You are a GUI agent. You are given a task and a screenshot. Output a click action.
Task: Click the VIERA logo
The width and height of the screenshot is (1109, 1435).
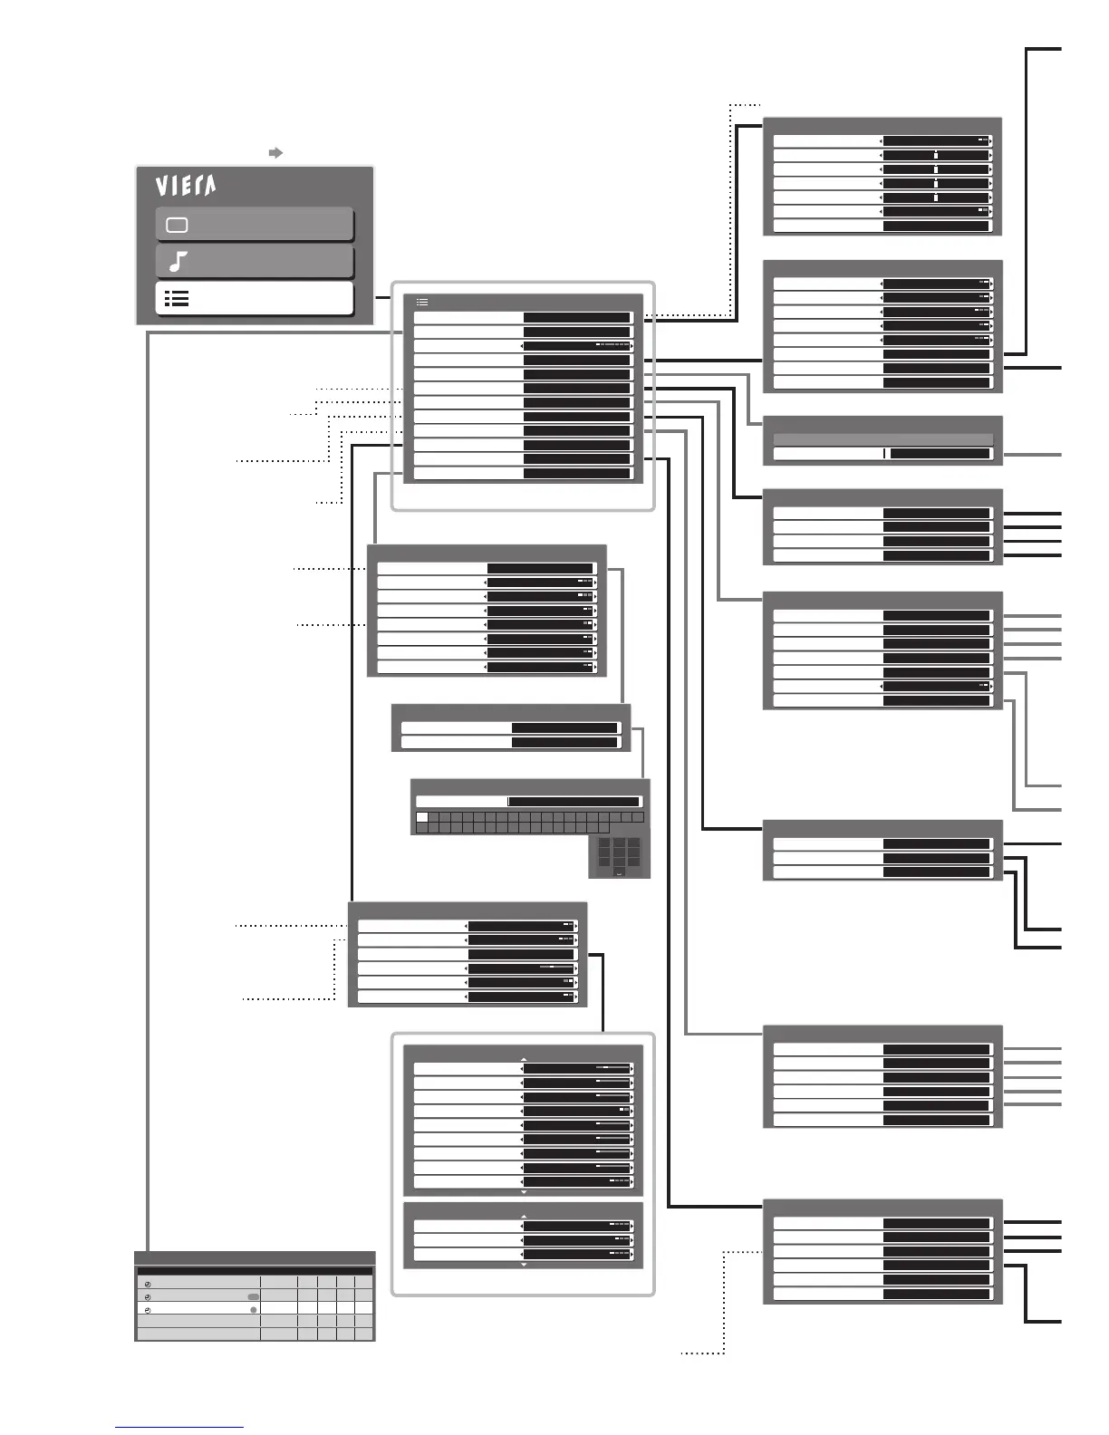pos(185,186)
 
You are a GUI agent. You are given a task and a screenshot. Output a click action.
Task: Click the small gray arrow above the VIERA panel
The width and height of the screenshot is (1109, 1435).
pos(276,153)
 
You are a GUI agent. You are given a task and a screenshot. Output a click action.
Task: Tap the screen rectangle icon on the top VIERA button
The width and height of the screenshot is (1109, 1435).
pos(177,225)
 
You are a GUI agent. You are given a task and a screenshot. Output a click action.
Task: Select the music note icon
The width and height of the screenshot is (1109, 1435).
pos(178,262)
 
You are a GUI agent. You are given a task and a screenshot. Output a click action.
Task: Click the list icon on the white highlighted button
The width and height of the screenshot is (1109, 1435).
pos(177,299)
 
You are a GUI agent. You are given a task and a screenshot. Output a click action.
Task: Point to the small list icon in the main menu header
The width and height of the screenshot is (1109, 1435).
pos(421,303)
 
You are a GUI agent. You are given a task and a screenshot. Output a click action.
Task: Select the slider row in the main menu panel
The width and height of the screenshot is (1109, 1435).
pos(523,346)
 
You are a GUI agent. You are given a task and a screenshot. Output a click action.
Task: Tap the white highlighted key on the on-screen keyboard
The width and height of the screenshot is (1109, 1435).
pos(421,817)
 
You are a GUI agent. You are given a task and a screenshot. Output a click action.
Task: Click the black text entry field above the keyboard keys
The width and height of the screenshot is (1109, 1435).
pos(573,802)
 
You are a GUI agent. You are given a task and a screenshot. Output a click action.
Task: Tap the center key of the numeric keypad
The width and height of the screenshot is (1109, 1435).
pos(619,852)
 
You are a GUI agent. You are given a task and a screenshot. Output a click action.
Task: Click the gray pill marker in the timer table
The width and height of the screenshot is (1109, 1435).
pos(253,1297)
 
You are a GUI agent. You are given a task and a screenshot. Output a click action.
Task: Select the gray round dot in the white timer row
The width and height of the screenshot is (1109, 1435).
pos(254,1310)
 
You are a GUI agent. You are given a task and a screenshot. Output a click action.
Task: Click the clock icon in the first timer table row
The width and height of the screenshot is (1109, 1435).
pos(148,1285)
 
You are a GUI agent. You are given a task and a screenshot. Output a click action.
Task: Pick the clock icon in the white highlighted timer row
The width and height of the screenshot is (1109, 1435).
pos(148,1310)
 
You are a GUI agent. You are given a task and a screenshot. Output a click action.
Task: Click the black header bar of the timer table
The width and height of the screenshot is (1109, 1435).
pos(255,1271)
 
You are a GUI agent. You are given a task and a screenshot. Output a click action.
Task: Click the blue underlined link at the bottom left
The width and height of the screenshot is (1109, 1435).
pos(179,1427)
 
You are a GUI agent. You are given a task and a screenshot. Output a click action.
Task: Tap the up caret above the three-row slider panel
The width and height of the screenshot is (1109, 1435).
pos(524,1217)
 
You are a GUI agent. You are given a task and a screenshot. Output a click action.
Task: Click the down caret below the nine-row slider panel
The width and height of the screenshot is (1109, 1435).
pos(524,1192)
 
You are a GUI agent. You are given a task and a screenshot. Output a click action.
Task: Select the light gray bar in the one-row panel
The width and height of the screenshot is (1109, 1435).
pos(882,439)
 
